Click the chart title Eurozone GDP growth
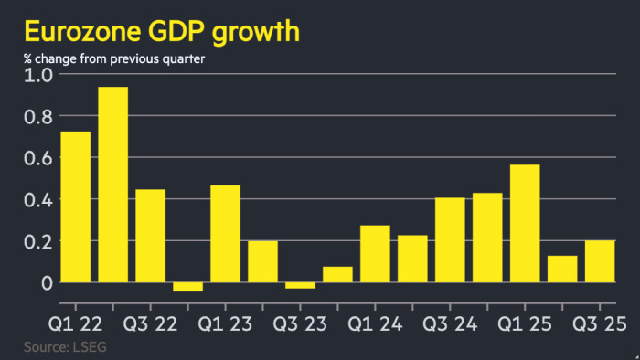pyautogui.click(x=161, y=31)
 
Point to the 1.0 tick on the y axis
pyautogui.click(x=38, y=75)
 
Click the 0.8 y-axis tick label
pyautogui.click(x=38, y=117)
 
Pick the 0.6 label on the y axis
pyautogui.click(x=38, y=158)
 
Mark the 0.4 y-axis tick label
pyautogui.click(x=38, y=200)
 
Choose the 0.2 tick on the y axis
pyautogui.click(x=38, y=242)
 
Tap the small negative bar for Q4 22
pyautogui.click(x=187, y=287)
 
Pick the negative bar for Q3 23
pyautogui.click(x=300, y=286)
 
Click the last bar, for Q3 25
pyautogui.click(x=600, y=261)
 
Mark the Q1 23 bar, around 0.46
pyautogui.click(x=225, y=234)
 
